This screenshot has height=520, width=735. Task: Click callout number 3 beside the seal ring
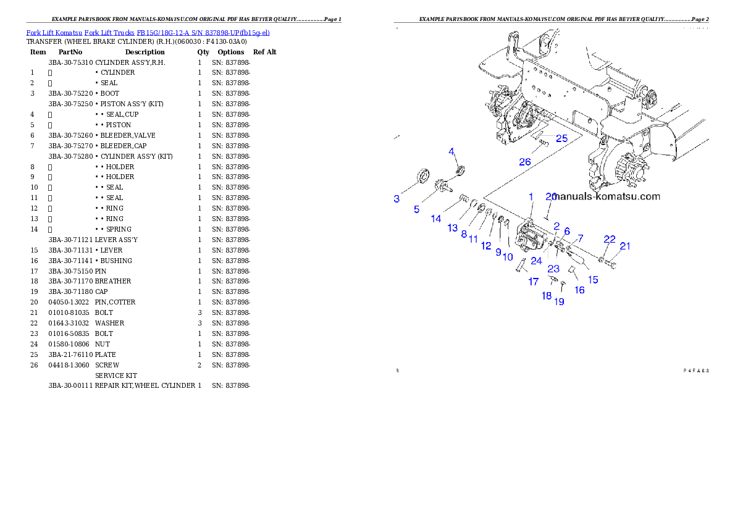tap(397, 199)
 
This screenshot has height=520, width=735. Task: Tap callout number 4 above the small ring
tap(451, 151)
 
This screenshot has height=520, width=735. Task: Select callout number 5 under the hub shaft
tap(417, 209)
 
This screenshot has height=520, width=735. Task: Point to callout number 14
tap(436, 219)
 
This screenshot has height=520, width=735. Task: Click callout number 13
tap(453, 228)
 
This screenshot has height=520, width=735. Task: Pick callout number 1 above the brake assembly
tap(530, 196)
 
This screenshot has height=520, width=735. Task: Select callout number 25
tap(561, 138)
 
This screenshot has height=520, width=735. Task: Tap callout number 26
tap(524, 162)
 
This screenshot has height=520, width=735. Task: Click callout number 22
tap(610, 240)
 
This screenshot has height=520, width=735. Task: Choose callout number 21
tap(625, 246)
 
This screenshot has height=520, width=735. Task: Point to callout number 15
tap(593, 280)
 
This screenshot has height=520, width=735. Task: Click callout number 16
tap(579, 290)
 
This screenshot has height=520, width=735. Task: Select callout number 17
tap(533, 282)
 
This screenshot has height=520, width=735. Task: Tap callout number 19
tap(559, 302)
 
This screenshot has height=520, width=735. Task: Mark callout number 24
tap(536, 261)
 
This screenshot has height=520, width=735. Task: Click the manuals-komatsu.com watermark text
tap(607, 197)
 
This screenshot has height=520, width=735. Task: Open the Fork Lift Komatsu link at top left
tap(148, 32)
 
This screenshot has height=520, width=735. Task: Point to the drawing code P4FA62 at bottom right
tap(695, 371)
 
